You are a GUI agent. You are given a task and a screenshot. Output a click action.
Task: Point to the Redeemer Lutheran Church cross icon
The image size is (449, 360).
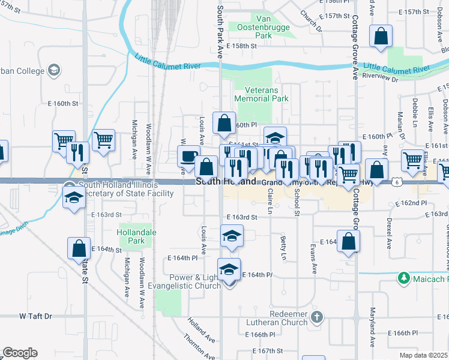point(318,316)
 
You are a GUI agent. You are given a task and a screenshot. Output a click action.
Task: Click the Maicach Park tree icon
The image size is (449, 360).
point(403,278)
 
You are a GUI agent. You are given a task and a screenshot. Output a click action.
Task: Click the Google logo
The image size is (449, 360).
point(20,353)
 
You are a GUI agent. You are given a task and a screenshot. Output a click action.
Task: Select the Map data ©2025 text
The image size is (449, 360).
point(424,355)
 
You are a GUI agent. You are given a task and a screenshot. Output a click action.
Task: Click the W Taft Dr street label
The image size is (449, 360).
point(35,316)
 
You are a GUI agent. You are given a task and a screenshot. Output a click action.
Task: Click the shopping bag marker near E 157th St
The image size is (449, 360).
point(381,37)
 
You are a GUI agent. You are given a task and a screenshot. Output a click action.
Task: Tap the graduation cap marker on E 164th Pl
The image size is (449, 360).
point(229,271)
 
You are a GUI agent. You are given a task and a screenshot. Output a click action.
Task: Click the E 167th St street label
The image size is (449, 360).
point(267,350)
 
